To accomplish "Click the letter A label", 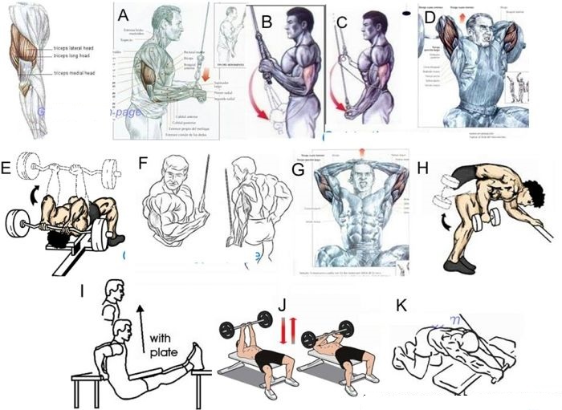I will pos(122,15).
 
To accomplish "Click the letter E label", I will pos(7,168).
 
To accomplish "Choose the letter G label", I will pos(298,168).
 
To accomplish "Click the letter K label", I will pos(401,306).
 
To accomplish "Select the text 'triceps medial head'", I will pos(75,74).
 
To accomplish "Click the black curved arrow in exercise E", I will pos(35,196).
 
